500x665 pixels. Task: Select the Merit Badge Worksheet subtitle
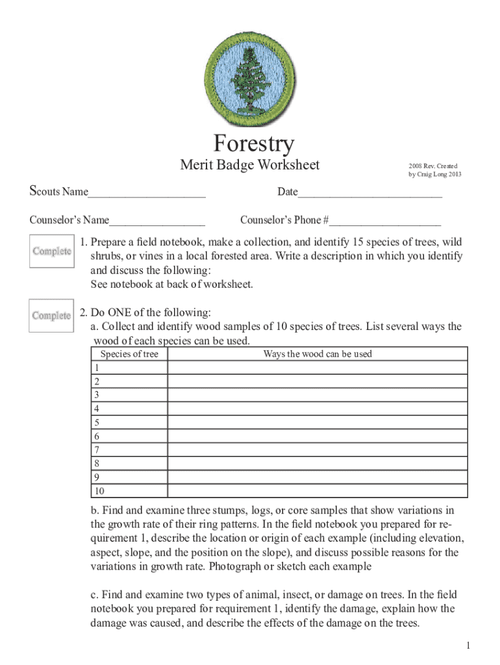coord(249,166)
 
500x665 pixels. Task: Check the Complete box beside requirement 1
coord(52,251)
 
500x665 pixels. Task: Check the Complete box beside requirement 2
coord(52,316)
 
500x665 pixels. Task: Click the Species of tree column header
coord(129,354)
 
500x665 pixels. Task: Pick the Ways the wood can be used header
coord(318,354)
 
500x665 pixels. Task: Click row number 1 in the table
coord(97,368)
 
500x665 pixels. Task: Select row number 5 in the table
coord(97,423)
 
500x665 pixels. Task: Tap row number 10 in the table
coord(99,492)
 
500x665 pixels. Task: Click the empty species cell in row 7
coord(129,450)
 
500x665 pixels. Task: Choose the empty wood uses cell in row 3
coord(318,395)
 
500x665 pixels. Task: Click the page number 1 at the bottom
coord(468,645)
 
